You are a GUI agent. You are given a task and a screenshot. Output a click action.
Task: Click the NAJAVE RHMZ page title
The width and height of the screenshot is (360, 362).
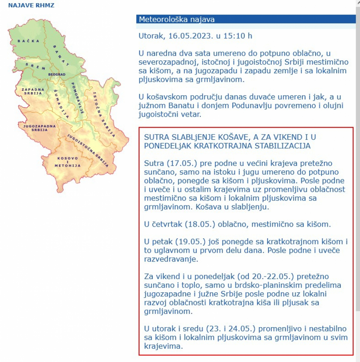pos(31,6)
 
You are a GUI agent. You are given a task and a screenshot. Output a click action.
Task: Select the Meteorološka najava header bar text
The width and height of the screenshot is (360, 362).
pos(176,19)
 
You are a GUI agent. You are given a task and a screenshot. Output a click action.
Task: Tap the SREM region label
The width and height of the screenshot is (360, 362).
pos(35,66)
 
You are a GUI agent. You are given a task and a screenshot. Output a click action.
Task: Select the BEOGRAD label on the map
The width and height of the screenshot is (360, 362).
pos(56,74)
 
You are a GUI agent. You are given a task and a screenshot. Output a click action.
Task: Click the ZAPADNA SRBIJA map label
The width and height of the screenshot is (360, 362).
pos(33,92)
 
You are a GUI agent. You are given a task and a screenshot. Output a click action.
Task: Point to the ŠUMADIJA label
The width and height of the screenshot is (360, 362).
pos(60,103)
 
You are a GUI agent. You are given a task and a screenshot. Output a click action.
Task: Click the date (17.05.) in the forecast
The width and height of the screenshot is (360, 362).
pos(176,163)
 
